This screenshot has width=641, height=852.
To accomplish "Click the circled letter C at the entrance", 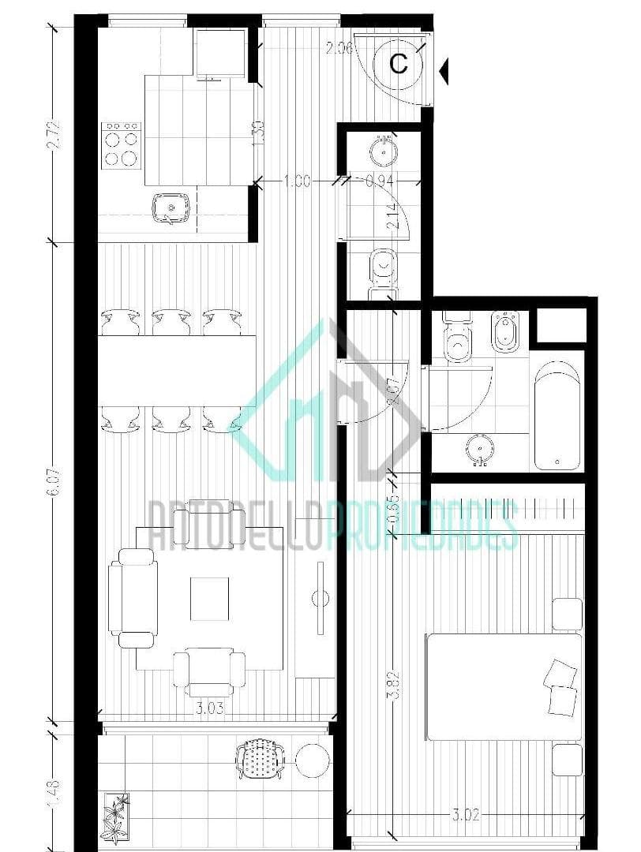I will pyautogui.click(x=399, y=63).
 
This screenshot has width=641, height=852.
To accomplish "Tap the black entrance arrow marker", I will pyautogui.click(x=445, y=72).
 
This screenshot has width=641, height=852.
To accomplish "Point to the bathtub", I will pyautogui.click(x=558, y=416).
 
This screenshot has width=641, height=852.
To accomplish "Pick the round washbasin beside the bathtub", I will pyautogui.click(x=478, y=449).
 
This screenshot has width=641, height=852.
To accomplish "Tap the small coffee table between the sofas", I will pyautogui.click(x=209, y=599).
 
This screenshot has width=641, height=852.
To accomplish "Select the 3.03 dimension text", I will pyautogui.click(x=209, y=708).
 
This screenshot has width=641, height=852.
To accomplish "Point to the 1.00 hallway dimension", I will pyautogui.click(x=296, y=181).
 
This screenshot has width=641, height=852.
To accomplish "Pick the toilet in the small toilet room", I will pyautogui.click(x=384, y=272).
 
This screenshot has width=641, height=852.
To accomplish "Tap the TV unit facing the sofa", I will pyautogui.click(x=320, y=597).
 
